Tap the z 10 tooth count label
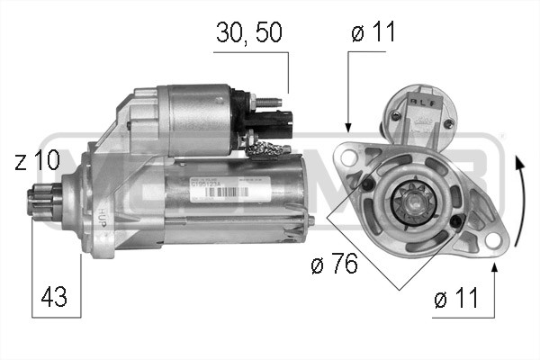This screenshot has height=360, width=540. pyautogui.click(x=37, y=161)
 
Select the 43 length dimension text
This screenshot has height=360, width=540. pyautogui.click(x=53, y=294)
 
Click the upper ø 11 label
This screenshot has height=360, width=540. pyautogui.click(x=373, y=33)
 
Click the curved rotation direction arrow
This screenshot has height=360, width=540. pyautogui.click(x=519, y=202)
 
